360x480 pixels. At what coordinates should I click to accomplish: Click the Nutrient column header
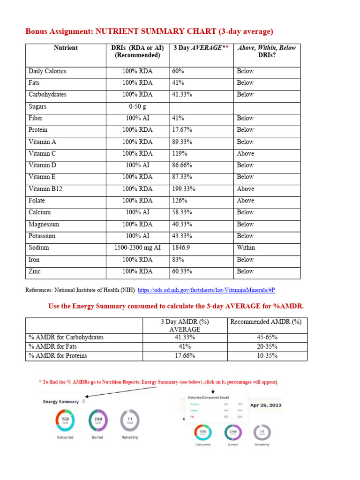pyautogui.click(x=66, y=48)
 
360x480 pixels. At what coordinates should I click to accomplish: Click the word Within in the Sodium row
pyautogui.click(x=246, y=247)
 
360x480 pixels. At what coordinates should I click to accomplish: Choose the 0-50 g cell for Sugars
pyautogui.click(x=137, y=106)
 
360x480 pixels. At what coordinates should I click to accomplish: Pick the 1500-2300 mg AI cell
pyautogui.click(x=137, y=247)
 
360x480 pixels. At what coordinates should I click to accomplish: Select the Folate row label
pyautogui.click(x=37, y=201)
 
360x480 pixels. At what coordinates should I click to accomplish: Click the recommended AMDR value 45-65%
pyautogui.click(x=267, y=337)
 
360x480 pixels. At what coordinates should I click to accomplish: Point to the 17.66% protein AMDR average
pyautogui.click(x=184, y=356)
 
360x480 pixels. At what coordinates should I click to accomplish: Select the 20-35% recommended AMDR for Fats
pyautogui.click(x=267, y=347)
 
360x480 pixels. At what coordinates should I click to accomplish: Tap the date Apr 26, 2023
pyautogui.click(x=266, y=405)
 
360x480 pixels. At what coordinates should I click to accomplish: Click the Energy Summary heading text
pyautogui.click(x=61, y=402)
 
